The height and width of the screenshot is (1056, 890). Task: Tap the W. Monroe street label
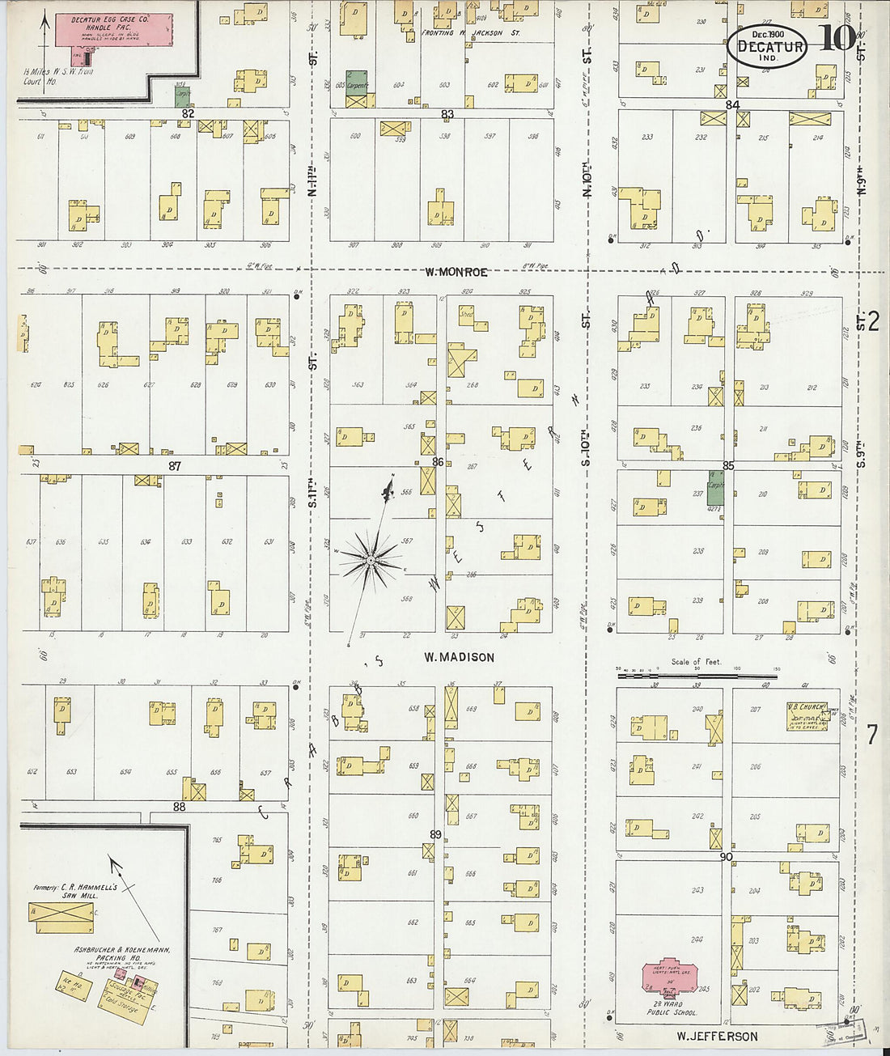pyautogui.click(x=456, y=273)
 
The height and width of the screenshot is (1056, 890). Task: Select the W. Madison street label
pyautogui.click(x=459, y=657)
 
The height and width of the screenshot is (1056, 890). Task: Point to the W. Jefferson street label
pyautogui.click(x=717, y=1037)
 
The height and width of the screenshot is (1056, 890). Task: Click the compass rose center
pyautogui.click(x=370, y=560)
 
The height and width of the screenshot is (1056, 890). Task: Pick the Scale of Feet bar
pyautogui.click(x=696, y=674)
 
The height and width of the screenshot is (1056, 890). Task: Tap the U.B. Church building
pyautogui.click(x=807, y=716)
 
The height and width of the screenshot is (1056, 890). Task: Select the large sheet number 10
pyautogui.click(x=836, y=38)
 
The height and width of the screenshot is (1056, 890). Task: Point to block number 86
pyautogui.click(x=438, y=462)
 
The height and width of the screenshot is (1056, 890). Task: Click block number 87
pyautogui.click(x=175, y=466)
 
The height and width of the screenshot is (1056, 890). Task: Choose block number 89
pyautogui.click(x=435, y=835)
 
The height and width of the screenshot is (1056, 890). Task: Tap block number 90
pyautogui.click(x=726, y=856)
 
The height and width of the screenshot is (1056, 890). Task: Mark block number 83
pyautogui.click(x=447, y=114)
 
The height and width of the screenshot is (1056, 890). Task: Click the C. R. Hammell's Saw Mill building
pyautogui.click(x=61, y=917)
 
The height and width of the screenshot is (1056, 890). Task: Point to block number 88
pyautogui.click(x=178, y=807)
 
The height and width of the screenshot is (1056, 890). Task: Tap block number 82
pyautogui.click(x=188, y=114)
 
